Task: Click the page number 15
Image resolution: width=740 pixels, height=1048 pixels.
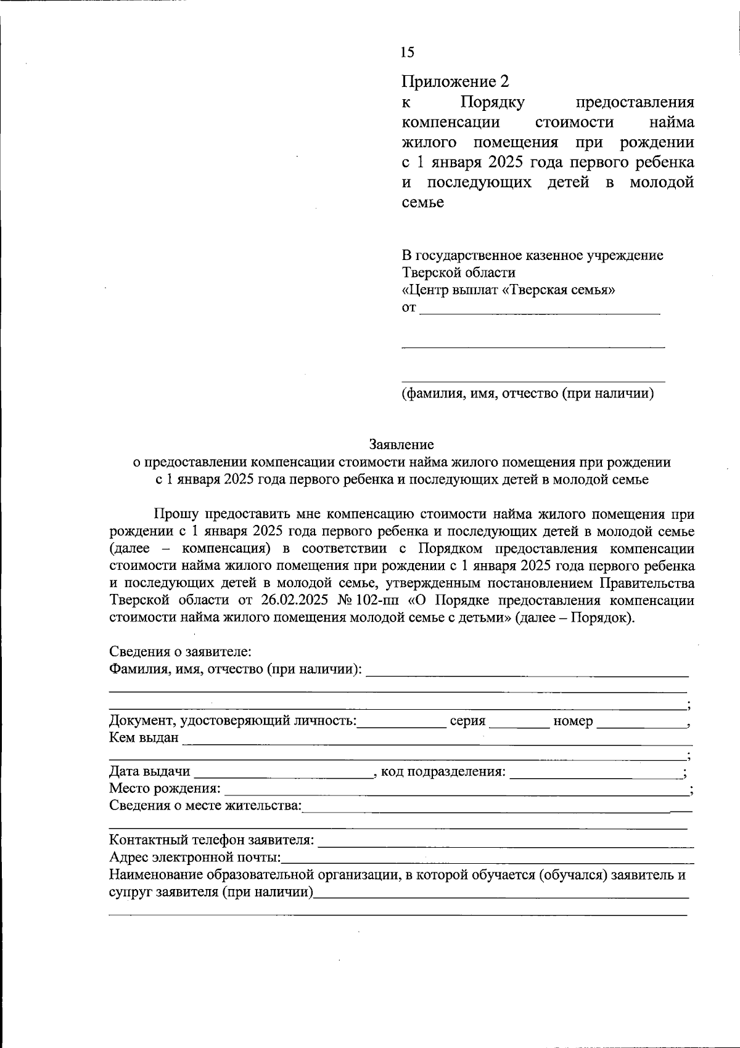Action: click(407, 52)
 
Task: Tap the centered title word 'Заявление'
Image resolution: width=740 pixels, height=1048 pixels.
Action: click(401, 444)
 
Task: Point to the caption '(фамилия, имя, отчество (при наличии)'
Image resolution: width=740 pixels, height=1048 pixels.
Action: click(527, 393)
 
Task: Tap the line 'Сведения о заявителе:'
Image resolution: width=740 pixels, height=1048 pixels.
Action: click(179, 652)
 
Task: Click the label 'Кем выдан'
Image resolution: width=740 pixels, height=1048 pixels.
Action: click(144, 738)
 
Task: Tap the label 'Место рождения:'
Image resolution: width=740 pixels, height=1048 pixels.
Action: click(165, 789)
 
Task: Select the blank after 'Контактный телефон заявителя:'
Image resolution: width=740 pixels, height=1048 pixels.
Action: click(506, 840)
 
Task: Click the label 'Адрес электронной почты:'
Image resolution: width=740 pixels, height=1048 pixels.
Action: click(195, 858)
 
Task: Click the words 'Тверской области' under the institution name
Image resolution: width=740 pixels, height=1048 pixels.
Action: click(459, 272)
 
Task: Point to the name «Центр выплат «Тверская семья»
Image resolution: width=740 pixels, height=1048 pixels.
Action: click(508, 290)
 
